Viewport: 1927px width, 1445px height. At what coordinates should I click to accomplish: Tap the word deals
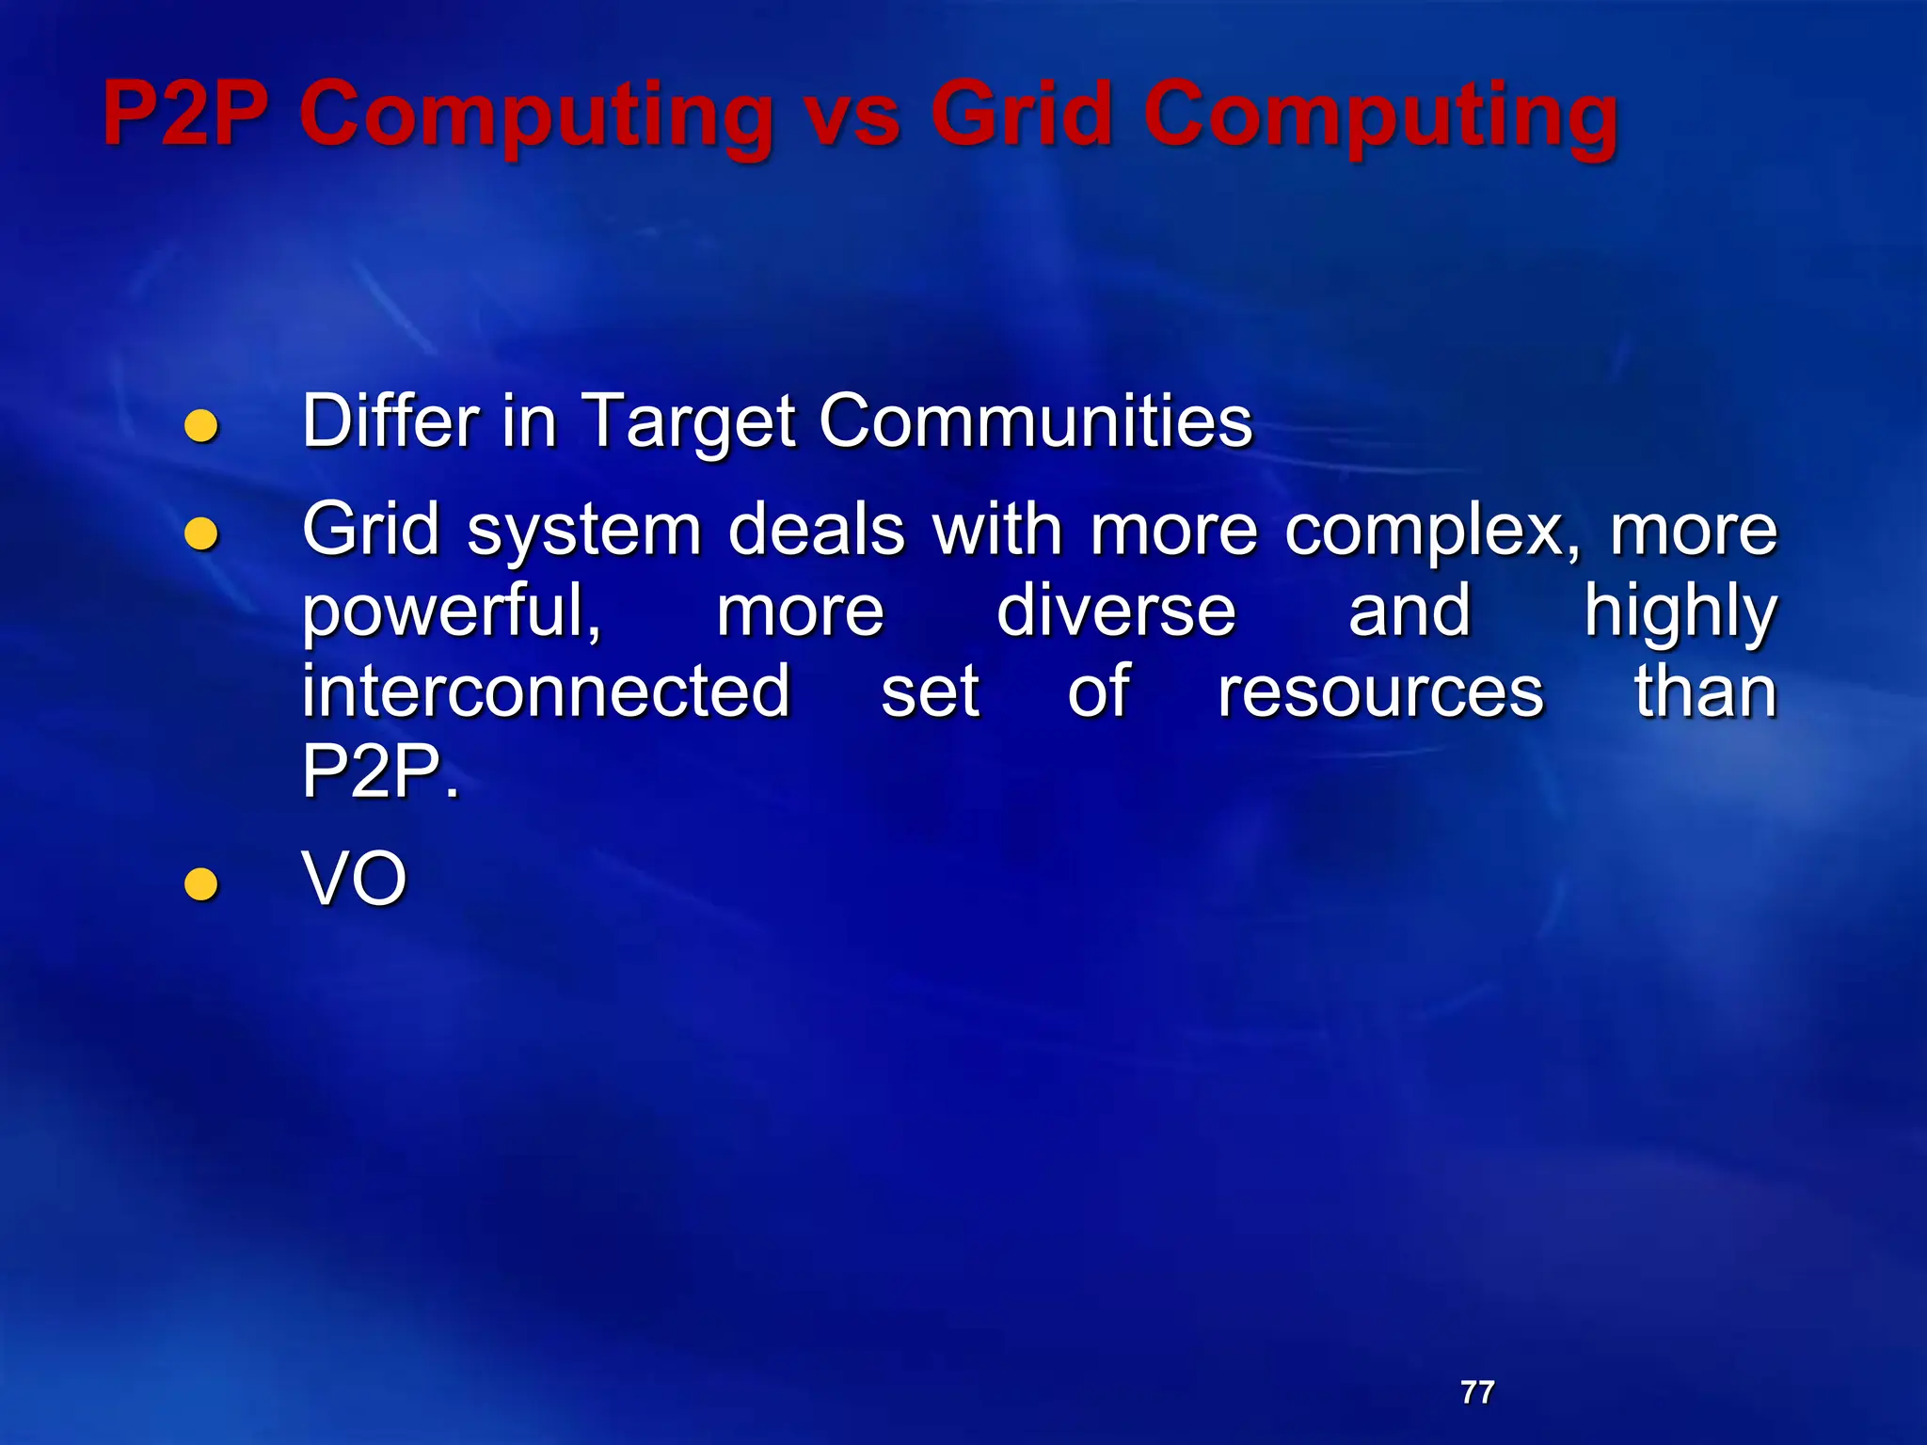817,530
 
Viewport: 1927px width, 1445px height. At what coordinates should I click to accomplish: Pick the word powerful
452,611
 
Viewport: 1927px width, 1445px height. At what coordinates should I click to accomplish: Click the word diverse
1116,611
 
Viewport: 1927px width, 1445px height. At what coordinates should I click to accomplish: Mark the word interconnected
546,691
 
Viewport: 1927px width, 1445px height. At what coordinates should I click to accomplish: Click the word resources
1380,692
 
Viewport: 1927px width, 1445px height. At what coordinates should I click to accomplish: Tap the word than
1705,691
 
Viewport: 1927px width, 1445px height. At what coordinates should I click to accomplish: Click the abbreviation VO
354,879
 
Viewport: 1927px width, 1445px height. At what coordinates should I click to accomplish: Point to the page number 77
1477,1392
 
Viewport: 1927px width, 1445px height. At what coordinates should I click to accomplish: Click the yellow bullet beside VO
201,884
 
